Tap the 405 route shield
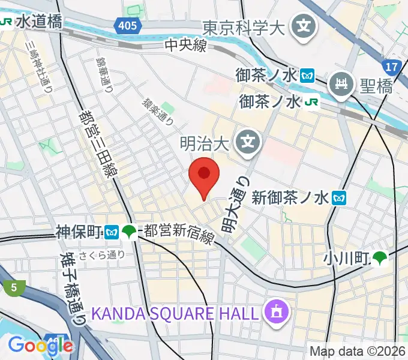pyautogui.click(x=127, y=26)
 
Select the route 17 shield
pyautogui.click(x=392, y=65)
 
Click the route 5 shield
pyautogui.click(x=13, y=287)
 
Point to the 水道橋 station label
pyautogui.click(x=38, y=23)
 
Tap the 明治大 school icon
pyautogui.click(x=247, y=142)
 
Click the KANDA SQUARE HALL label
pyautogui.click(x=176, y=313)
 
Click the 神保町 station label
pyautogui.click(x=79, y=231)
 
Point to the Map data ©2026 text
pyautogui.click(x=358, y=352)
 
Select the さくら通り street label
pyautogui.click(x=108, y=254)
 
